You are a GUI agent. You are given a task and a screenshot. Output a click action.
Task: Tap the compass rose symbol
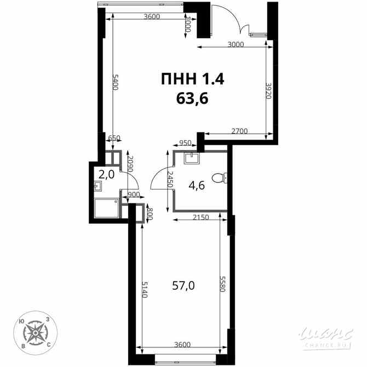tap(32, 332)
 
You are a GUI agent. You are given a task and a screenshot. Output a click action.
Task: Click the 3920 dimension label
tap(268, 91)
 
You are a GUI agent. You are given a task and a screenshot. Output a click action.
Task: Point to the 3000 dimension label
tap(236, 45)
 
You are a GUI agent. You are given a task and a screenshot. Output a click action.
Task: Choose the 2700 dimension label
tap(239, 131)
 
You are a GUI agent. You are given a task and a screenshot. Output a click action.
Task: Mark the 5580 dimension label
tap(223, 283)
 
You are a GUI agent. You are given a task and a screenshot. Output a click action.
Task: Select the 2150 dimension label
tap(200, 218)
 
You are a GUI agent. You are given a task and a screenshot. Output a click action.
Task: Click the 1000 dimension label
tap(188, 24)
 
